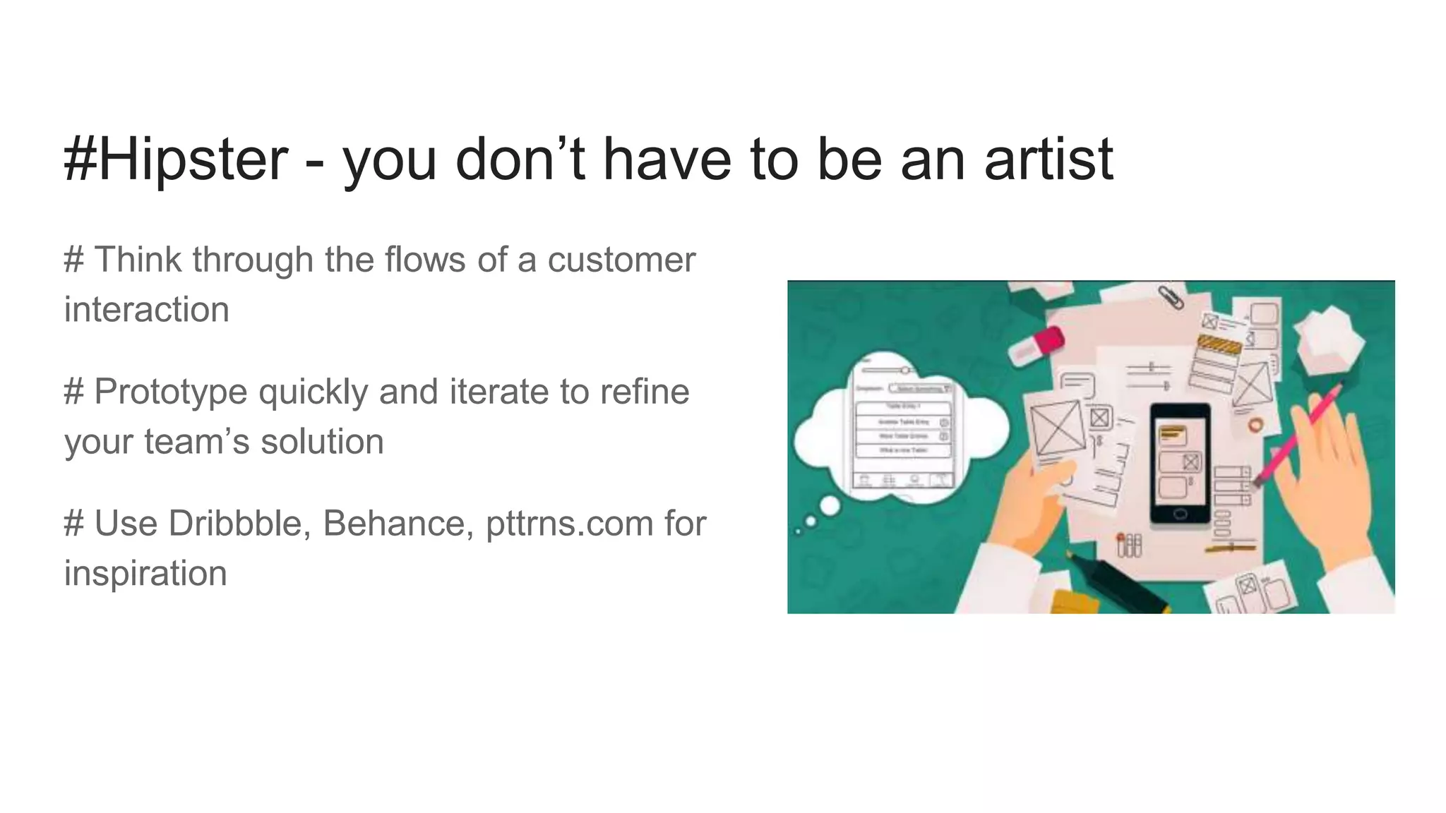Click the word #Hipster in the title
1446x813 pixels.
[176, 159]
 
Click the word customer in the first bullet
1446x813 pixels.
[621, 260]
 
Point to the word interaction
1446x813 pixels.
[147, 310]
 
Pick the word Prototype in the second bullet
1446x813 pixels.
[170, 392]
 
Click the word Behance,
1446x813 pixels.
[398, 524]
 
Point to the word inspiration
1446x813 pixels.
[145, 573]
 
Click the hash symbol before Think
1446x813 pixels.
[73, 260]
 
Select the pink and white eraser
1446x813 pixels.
[1036, 346]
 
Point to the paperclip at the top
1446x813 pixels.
[1171, 296]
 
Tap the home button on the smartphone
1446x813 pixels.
[1180, 513]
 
